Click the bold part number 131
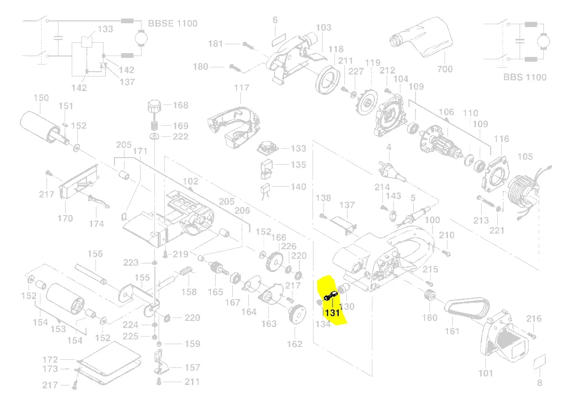[x=332, y=313]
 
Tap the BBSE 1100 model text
[x=172, y=23]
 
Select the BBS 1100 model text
[x=525, y=77]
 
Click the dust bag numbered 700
[x=420, y=38]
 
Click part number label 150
[x=41, y=98]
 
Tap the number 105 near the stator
[x=525, y=157]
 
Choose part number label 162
[x=294, y=344]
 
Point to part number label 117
[x=241, y=88]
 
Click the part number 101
[x=485, y=373]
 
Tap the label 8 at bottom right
[x=540, y=383]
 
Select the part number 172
[x=50, y=360]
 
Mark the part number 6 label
[x=275, y=20]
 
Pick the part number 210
[x=446, y=235]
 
